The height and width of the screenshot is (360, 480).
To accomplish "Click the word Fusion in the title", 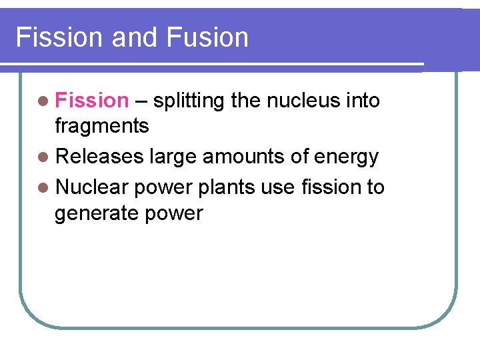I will (207, 37).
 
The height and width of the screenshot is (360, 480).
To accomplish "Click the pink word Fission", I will (91, 101).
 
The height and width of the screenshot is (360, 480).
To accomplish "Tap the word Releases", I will (100, 157).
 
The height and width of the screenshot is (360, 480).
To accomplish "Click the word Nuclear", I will (92, 187).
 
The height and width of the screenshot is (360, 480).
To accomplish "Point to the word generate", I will (93, 214).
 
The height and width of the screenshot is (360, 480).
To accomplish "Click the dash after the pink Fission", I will (141, 101).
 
